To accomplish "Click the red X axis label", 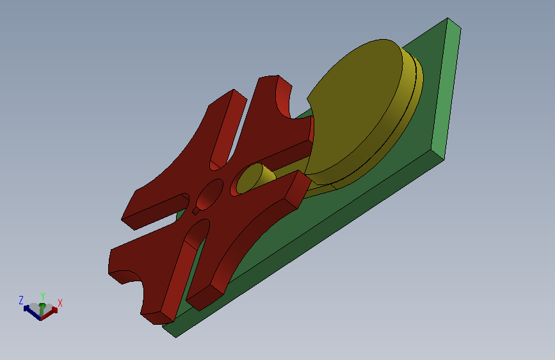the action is click(60, 303).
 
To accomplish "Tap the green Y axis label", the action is click(43, 296).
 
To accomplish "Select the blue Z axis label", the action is click(21, 300).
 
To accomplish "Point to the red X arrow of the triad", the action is click(49, 313).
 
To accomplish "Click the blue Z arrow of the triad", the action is click(32, 313).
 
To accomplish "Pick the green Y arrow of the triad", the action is click(42, 309).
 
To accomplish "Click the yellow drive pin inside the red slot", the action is click(255, 178).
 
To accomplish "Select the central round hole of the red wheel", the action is click(209, 194).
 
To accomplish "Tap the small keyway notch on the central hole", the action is click(196, 211).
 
